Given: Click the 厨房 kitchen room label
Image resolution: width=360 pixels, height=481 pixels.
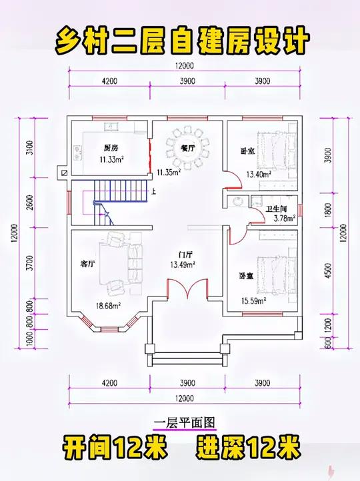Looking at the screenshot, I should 111,148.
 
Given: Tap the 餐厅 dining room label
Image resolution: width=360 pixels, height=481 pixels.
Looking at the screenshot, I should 187,148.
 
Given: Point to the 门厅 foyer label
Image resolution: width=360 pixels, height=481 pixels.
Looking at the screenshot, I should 185,254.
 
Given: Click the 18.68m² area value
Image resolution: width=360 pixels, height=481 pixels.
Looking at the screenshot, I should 107,306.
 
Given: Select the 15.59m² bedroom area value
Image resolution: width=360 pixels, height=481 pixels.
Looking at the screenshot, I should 254,301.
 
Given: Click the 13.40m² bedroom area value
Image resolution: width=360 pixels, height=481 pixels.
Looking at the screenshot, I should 258,175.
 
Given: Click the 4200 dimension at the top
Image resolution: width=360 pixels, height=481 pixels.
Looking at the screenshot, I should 109,81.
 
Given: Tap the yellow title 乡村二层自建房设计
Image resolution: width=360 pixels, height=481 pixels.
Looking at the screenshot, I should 180,40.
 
